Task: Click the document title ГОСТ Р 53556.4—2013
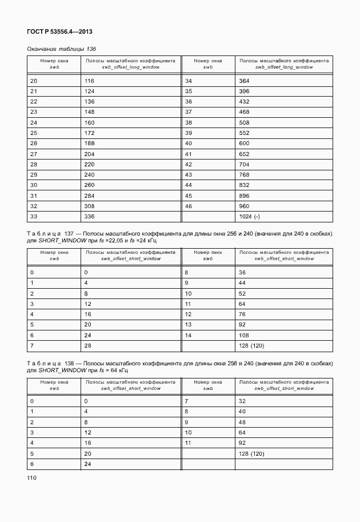click(x=59, y=33)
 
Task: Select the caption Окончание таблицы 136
click(x=62, y=49)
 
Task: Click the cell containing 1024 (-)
click(x=251, y=217)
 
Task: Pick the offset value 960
click(x=245, y=206)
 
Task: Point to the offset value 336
click(x=89, y=217)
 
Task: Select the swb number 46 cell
click(x=188, y=206)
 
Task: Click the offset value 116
click(x=89, y=81)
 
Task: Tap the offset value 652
click(x=245, y=154)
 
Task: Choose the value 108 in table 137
click(x=245, y=335)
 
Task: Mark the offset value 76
click(x=243, y=314)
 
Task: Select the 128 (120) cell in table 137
click(x=251, y=346)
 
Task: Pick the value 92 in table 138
click(x=243, y=443)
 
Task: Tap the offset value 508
click(x=245, y=122)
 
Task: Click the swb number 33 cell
click(x=34, y=217)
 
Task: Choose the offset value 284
click(x=89, y=196)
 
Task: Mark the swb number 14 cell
click(x=188, y=335)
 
